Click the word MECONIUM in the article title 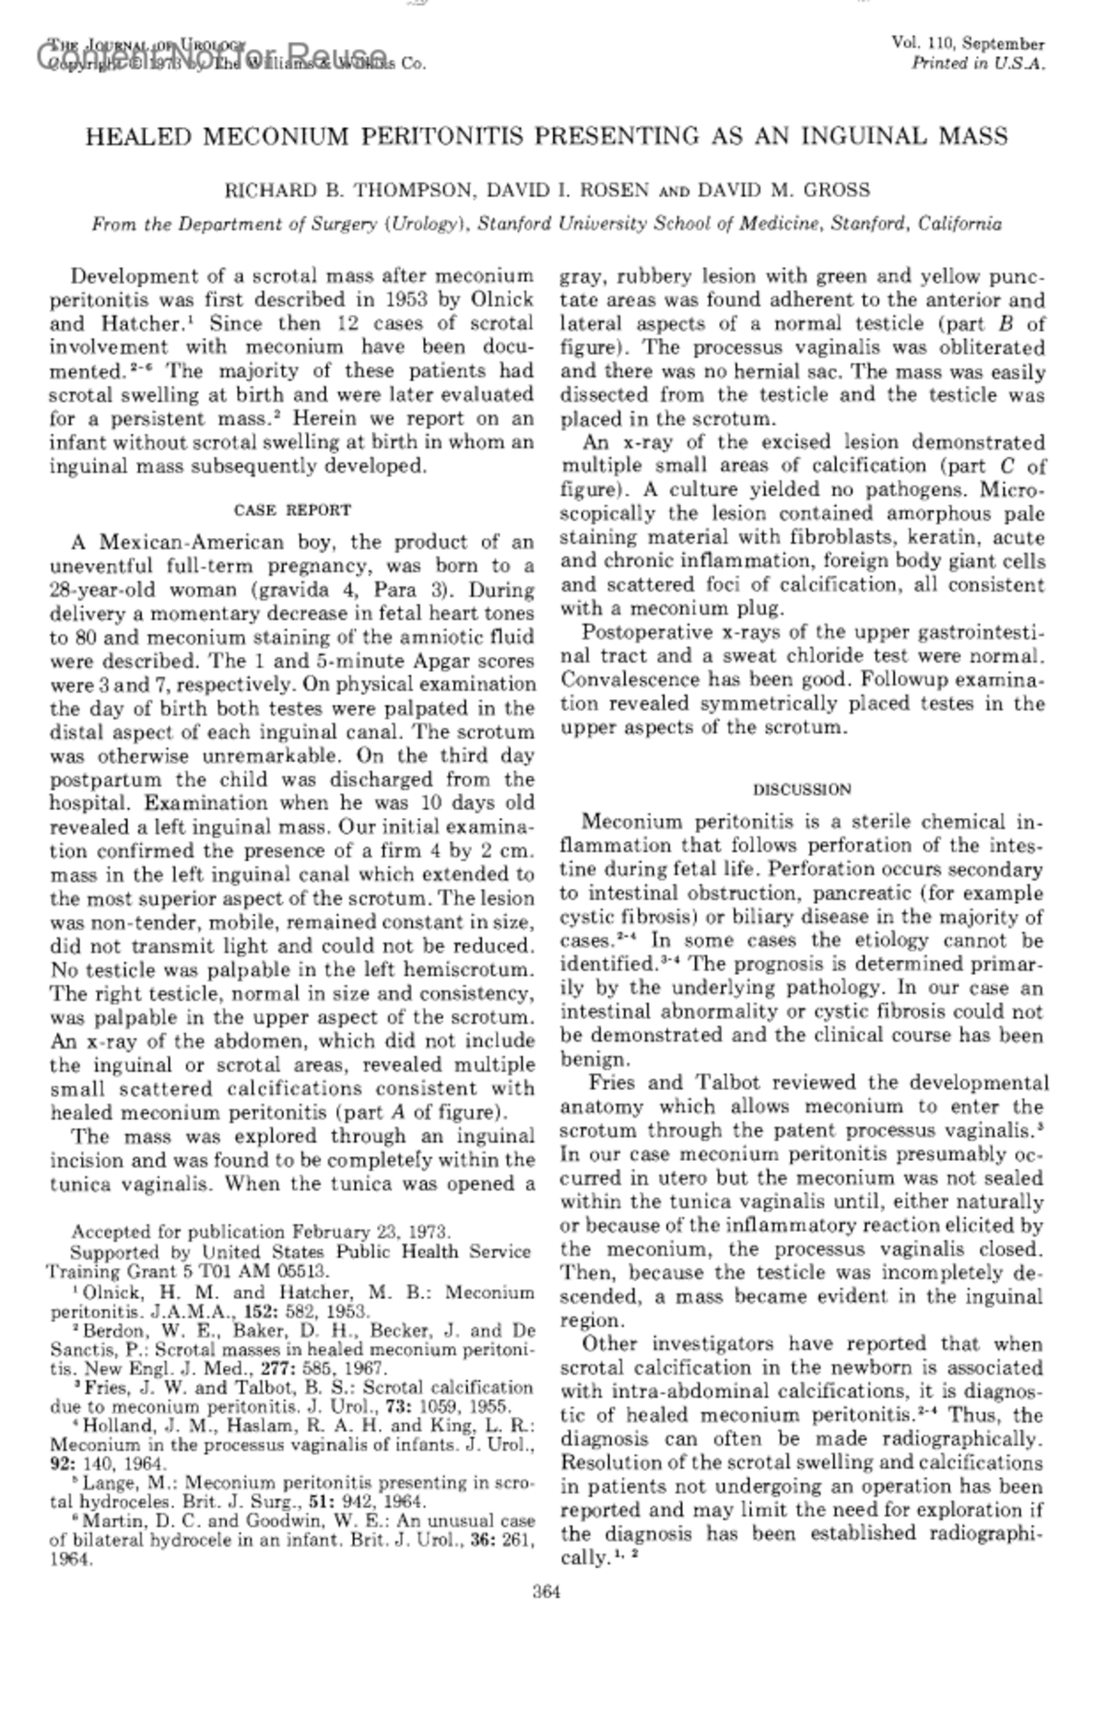(276, 137)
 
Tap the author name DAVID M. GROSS (782, 191)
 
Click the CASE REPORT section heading (292, 510)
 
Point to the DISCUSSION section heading (802, 790)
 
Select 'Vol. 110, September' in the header (968, 44)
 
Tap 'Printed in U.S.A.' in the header (978, 64)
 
